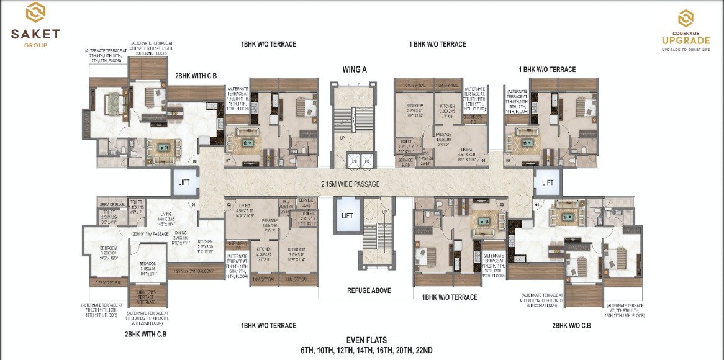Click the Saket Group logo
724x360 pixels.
click(x=35, y=25)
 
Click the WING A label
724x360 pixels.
click(x=355, y=70)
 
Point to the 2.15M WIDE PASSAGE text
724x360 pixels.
click(x=350, y=184)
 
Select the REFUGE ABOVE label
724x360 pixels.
click(x=368, y=290)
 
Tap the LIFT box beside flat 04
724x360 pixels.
click(x=548, y=182)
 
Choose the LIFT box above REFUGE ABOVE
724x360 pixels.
click(x=347, y=215)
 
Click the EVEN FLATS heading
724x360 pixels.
click(x=366, y=340)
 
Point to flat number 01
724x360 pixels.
click(x=193, y=204)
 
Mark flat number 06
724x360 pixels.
click(x=482, y=160)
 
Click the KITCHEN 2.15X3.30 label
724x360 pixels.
click(x=206, y=245)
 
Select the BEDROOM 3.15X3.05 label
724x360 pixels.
click(x=148, y=268)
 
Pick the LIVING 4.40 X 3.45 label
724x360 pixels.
click(x=165, y=217)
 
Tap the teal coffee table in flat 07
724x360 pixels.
click(x=247, y=143)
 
